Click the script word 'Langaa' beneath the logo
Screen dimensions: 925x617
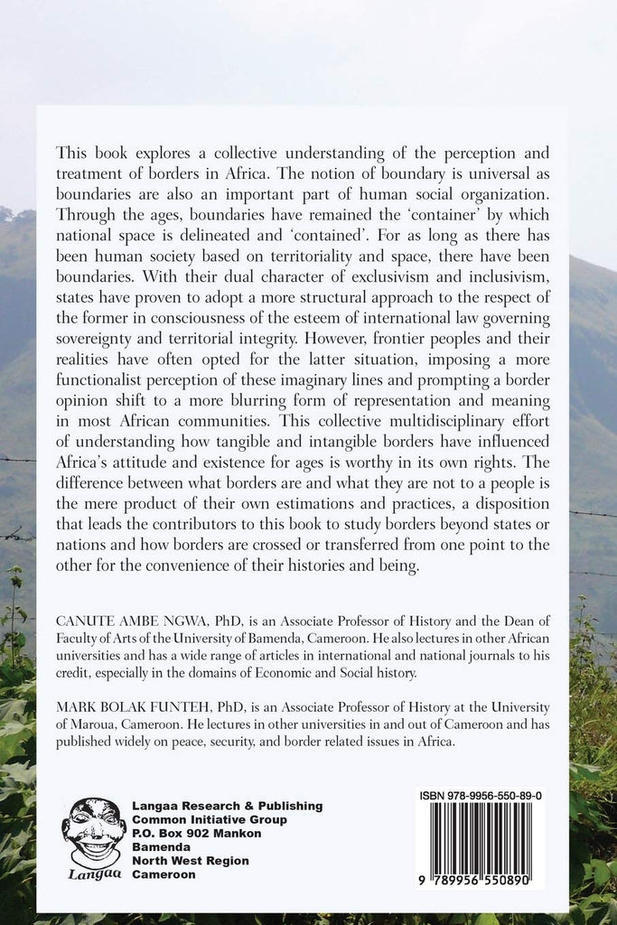(x=93, y=874)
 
